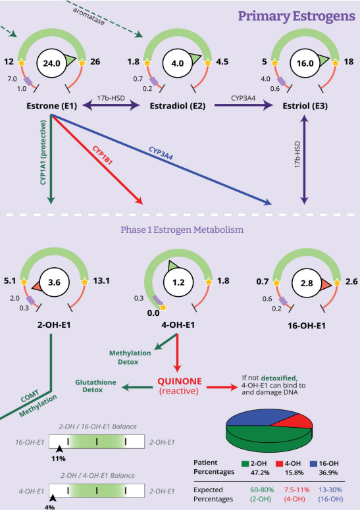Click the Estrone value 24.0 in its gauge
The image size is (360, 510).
tap(52, 63)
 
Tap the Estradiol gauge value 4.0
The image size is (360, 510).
tap(178, 63)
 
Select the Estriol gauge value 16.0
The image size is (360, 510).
tap(305, 63)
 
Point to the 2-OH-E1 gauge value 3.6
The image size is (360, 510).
tap(54, 282)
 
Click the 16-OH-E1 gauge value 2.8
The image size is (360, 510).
tap(307, 284)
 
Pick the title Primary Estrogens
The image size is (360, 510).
tap(296, 16)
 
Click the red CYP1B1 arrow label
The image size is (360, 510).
tap(103, 155)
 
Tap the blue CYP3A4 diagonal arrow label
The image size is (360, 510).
tap(161, 153)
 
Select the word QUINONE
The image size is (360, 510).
tap(180, 381)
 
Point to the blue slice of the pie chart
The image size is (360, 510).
tap(257, 419)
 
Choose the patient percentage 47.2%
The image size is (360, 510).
tap(260, 472)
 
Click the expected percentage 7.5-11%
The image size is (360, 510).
tap(297, 490)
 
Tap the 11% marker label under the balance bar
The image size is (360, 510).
tap(59, 459)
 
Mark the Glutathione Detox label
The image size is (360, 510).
tap(95, 386)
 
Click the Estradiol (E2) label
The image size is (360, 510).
tap(178, 106)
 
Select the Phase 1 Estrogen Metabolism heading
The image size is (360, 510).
tap(182, 230)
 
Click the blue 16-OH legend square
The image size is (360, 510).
tap(313, 463)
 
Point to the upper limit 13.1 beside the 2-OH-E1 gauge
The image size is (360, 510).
tap(101, 280)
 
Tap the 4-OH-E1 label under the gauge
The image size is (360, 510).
tap(178, 324)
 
